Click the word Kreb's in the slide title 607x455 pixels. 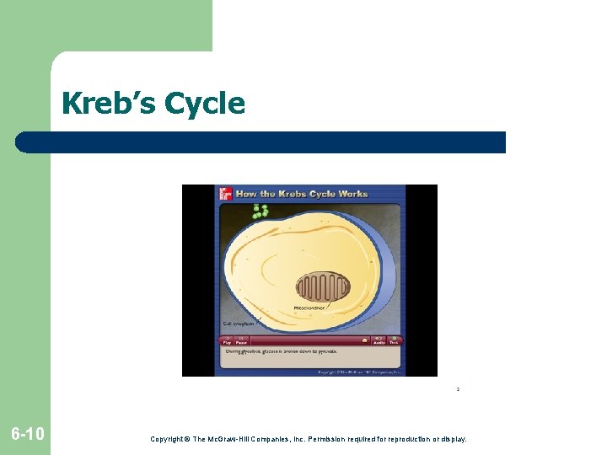click(109, 104)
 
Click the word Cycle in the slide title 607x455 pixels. click(205, 104)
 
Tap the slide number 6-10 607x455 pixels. click(28, 434)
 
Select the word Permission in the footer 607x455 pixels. click(322, 439)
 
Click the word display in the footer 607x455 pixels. click(451, 439)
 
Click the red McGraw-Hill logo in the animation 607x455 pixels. click(225, 194)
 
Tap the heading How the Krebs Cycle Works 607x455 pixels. click(301, 194)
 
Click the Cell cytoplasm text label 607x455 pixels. click(239, 323)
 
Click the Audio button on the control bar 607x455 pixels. click(379, 340)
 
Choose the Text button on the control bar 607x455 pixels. click(394, 340)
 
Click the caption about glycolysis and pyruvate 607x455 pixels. click(281, 351)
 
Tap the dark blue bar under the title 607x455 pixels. click(261, 142)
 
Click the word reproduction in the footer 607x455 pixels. click(400, 439)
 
